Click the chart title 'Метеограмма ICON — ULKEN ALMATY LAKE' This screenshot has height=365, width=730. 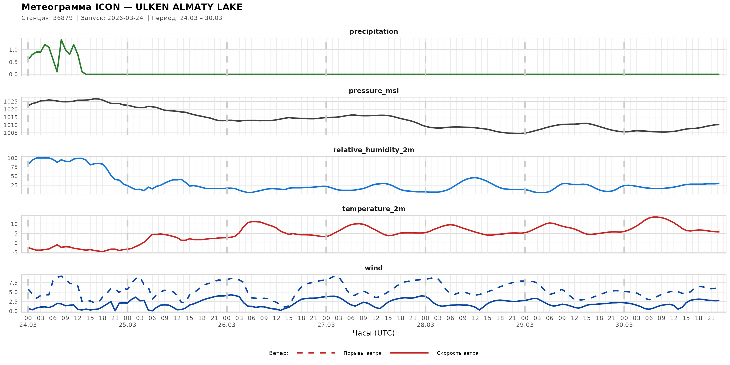[132, 7]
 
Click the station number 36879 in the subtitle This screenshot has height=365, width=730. [63, 18]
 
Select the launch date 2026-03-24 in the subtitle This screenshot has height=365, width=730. [125, 18]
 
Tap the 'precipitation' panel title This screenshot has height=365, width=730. [373, 31]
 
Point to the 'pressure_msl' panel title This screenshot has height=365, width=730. [373, 91]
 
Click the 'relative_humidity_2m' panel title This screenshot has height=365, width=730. [373, 150]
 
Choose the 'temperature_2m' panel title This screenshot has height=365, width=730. [373, 209]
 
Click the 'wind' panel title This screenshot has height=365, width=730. [373, 268]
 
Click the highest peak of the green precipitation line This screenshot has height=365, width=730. [61, 40]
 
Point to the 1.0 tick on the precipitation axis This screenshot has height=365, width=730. [13, 50]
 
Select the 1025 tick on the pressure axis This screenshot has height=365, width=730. [11, 101]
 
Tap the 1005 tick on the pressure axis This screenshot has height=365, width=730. [11, 133]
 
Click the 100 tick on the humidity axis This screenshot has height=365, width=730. [12, 158]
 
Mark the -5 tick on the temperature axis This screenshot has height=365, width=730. [14, 252]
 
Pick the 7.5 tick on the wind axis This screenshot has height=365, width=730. [13, 283]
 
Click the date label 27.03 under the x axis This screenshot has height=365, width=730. [326, 325]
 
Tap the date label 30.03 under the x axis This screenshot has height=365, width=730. [624, 325]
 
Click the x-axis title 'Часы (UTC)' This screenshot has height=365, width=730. [373, 333]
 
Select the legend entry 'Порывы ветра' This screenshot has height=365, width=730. [363, 353]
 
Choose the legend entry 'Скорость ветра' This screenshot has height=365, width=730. [457, 353]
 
